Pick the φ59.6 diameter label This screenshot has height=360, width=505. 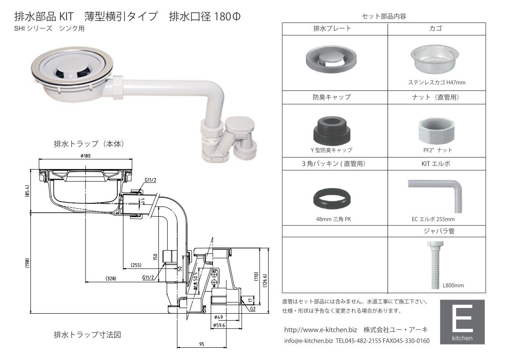pyautogui.click(x=219, y=325)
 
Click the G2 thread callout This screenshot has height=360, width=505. pyautogui.click(x=253, y=309)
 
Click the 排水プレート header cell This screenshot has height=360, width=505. pyautogui.click(x=335, y=29)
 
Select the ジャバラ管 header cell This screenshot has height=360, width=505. pyautogui.click(x=441, y=231)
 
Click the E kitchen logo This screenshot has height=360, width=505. pyautogui.click(x=462, y=322)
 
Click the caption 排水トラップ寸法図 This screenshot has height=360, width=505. pyautogui.click(x=87, y=335)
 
